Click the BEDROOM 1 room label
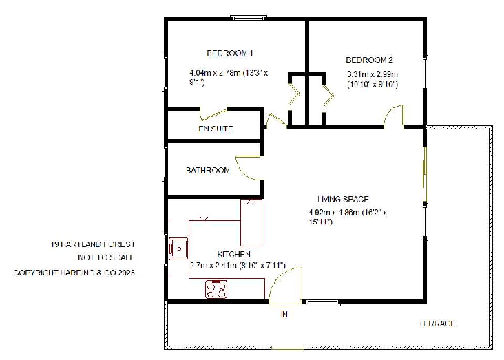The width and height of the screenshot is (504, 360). point(231,53)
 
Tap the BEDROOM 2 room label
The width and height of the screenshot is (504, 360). point(370,60)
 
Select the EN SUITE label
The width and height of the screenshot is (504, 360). point(216,129)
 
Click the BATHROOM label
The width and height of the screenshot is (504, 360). point(207,170)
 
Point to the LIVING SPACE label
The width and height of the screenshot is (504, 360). point(344,199)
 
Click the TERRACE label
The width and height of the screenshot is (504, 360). point(437,324)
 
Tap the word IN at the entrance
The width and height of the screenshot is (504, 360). point(284,315)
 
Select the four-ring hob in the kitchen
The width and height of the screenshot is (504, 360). point(216,289)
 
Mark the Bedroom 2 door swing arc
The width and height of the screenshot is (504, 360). point(394,114)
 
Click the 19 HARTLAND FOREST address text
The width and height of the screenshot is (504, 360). point(92,244)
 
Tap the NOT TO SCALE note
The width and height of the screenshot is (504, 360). point(106,258)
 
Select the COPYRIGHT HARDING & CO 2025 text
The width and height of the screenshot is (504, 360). point(74,273)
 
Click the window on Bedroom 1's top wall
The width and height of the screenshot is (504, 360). point(247,18)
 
